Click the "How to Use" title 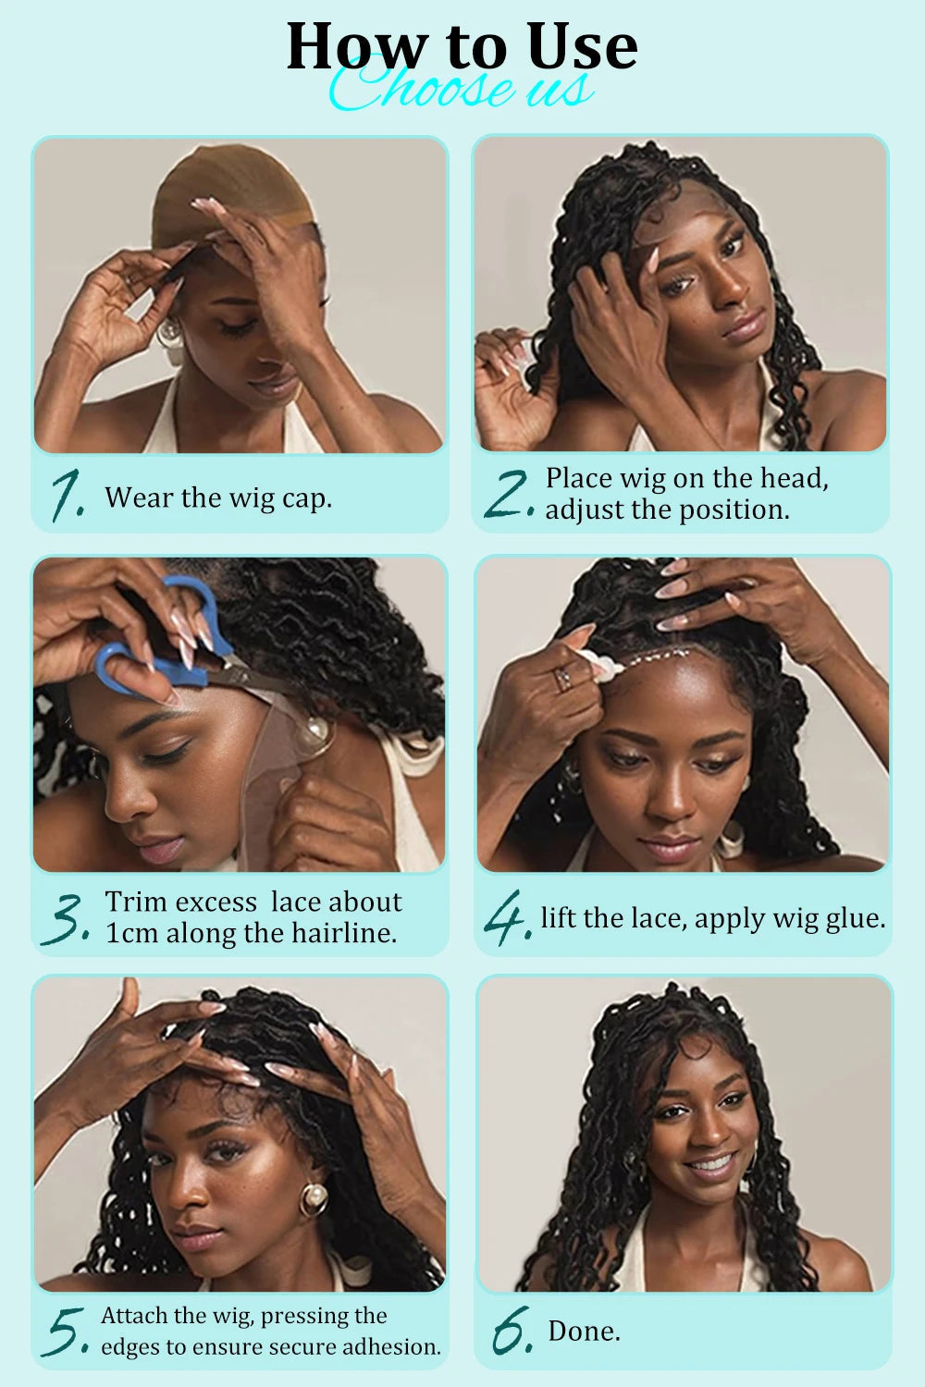(x=462, y=46)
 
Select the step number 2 (x=507, y=494)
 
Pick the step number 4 (x=506, y=917)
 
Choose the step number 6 (x=512, y=1331)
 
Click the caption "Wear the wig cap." (x=218, y=497)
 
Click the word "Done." (x=584, y=1331)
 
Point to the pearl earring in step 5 (x=313, y=1199)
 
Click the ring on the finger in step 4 (x=561, y=680)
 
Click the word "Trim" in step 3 (x=136, y=902)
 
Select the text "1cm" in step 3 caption (x=131, y=933)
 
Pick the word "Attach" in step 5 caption (x=134, y=1315)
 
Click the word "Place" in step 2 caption (x=579, y=478)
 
